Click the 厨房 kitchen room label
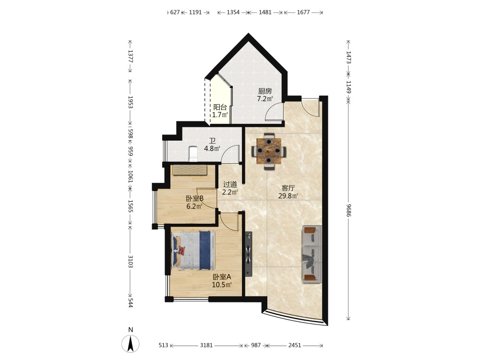265,91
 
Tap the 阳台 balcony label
220,107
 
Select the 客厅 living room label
288,188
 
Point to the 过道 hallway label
230,184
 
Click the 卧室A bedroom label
222,277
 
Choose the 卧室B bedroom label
195,198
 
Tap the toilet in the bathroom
192,154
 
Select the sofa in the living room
312,254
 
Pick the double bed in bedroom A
193,251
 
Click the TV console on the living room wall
248,254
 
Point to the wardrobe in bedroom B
190,170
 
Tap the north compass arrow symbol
131,343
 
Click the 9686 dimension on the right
348,210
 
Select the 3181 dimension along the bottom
206,345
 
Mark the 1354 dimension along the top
233,12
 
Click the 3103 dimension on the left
130,262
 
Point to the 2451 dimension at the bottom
295,345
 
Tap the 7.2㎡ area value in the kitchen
265,99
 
